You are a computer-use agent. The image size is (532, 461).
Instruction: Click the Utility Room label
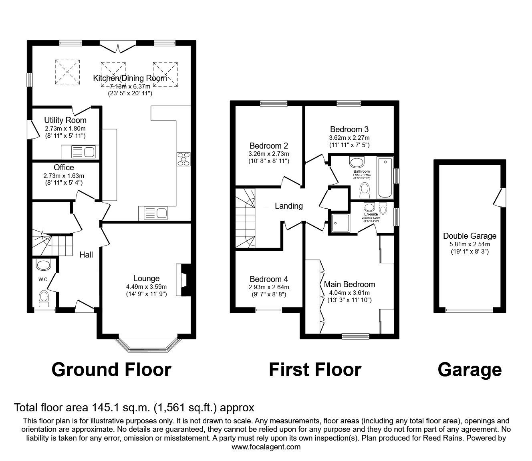[65, 120]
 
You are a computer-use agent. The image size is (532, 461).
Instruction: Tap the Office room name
[64, 167]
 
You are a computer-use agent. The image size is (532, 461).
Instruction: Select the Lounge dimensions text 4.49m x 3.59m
[146, 286]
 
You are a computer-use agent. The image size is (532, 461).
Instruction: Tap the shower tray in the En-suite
[340, 223]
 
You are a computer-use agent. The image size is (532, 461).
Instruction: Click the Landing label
[288, 206]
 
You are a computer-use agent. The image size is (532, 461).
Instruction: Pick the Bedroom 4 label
[268, 279]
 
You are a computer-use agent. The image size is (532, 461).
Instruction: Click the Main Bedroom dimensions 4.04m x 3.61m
[349, 293]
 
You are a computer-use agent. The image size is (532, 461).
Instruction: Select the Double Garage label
[470, 236]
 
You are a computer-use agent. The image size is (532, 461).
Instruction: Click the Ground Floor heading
[111, 369]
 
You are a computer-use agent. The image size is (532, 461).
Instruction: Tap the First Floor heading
[315, 369]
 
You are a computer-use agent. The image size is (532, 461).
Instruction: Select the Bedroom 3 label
[349, 129]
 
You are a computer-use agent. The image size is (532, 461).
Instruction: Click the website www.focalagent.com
[266, 447]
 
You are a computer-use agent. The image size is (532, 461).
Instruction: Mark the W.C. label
[44, 279]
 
